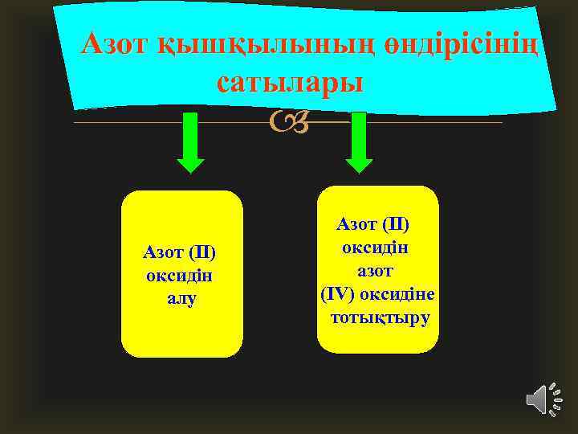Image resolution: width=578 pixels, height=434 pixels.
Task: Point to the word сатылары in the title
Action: pos(290,82)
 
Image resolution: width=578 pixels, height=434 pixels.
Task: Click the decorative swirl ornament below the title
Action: pos(288,123)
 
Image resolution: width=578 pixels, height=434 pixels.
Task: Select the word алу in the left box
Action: pos(181,297)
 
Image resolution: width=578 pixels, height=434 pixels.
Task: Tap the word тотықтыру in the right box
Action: pos(380,317)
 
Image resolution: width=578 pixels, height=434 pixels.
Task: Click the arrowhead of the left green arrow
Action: pos(190,164)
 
